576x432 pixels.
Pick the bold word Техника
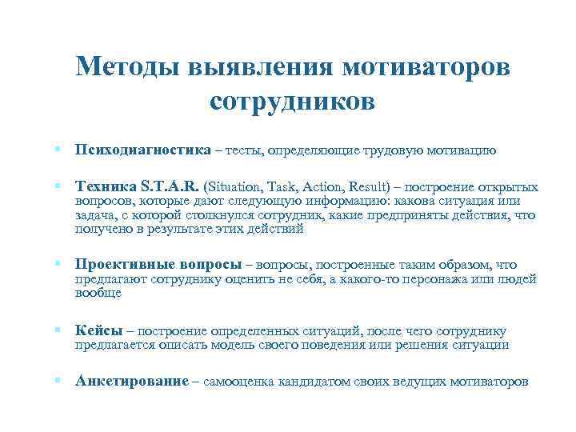(x=103, y=186)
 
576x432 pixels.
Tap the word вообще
(x=98, y=293)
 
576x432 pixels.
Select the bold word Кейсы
(x=98, y=330)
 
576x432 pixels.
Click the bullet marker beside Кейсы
(x=59, y=330)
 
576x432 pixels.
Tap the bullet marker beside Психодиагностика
(x=59, y=150)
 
